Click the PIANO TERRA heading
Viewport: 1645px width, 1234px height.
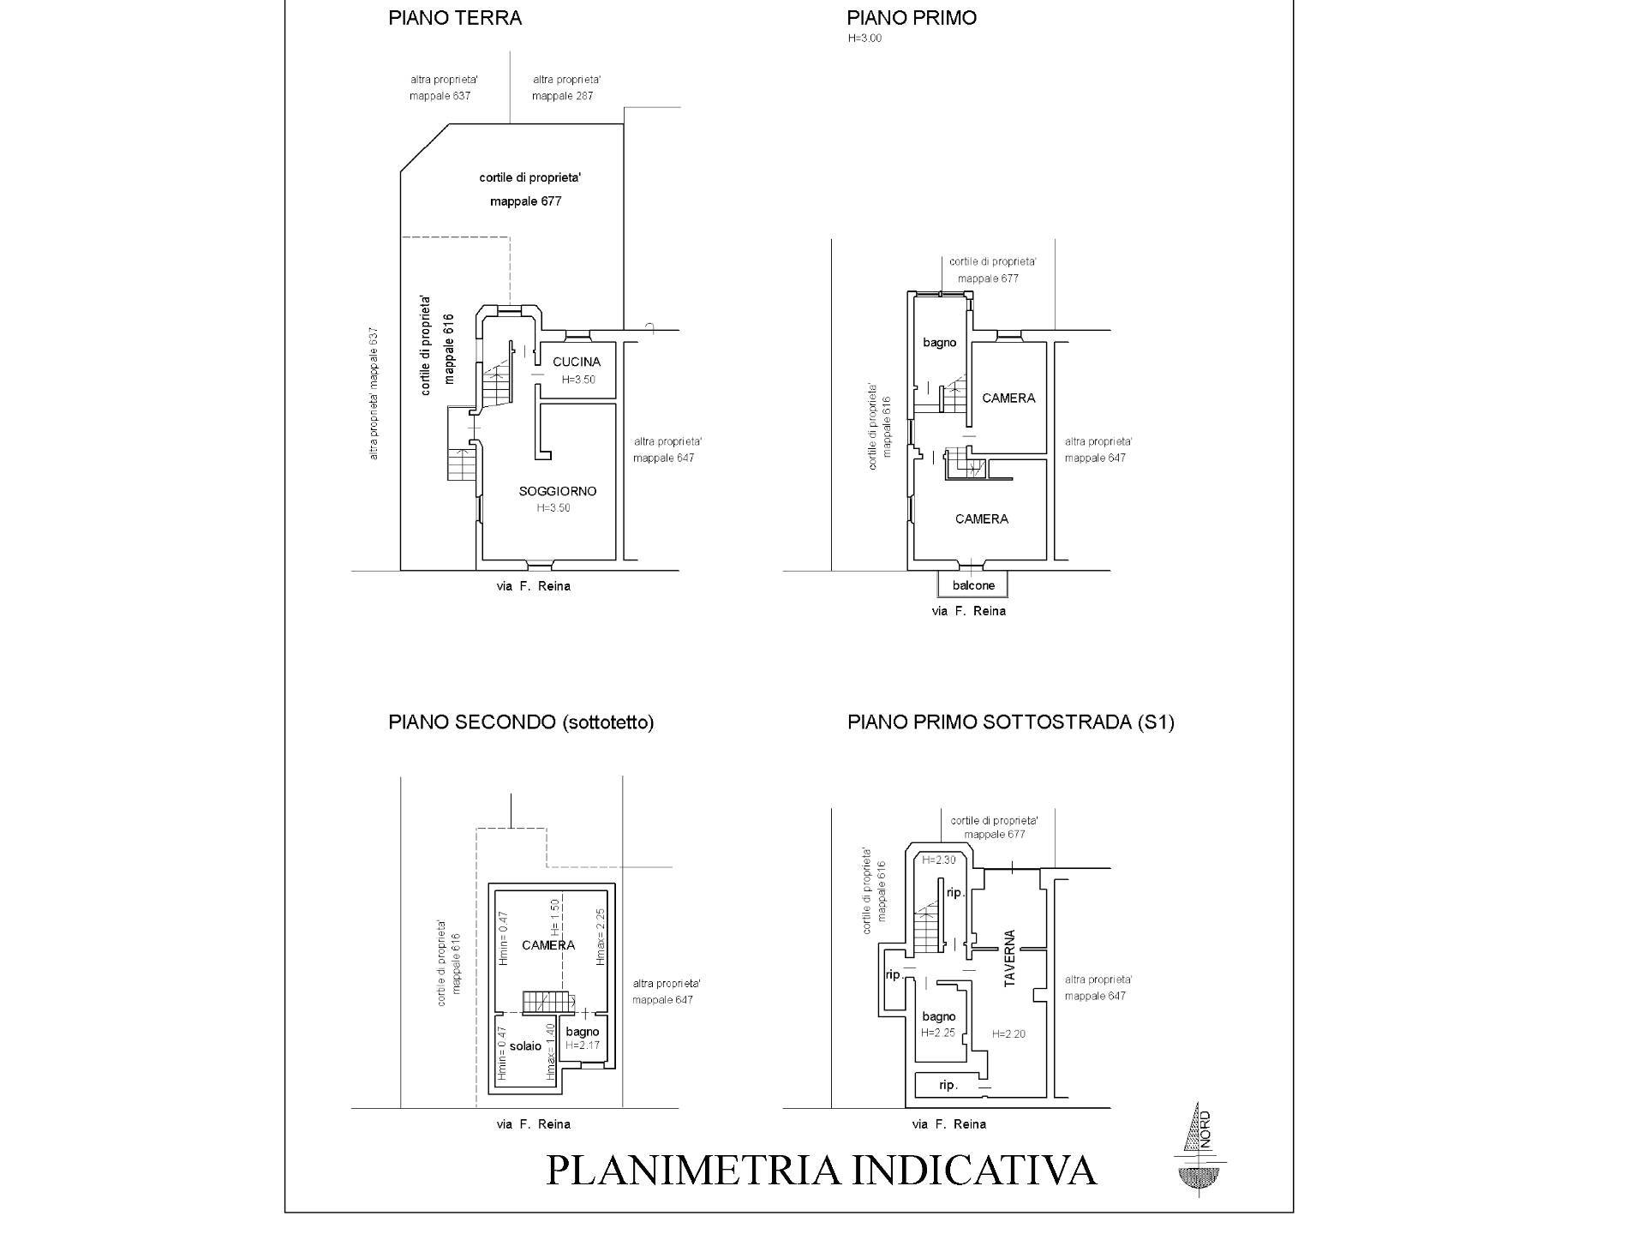454,18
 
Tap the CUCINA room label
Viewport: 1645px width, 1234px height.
577,362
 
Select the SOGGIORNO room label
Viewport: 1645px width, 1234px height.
557,491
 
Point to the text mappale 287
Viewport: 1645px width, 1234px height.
562,96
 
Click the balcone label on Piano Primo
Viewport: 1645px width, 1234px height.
973,585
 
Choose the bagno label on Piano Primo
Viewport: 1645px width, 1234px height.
939,343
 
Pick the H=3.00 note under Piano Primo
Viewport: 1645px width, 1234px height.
864,39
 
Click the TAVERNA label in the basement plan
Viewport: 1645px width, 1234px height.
1009,958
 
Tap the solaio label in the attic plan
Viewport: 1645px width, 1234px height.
525,1046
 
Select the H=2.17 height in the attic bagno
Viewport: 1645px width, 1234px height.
582,1046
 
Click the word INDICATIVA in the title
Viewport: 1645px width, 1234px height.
973,1171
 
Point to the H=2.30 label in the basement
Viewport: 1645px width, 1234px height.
938,860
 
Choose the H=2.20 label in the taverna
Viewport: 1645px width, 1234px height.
1008,1034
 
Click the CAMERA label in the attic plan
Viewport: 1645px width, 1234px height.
547,945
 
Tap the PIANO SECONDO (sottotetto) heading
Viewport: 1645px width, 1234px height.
521,722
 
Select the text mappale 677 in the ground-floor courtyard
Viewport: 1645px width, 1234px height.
525,201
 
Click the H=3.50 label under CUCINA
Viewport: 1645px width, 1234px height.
578,380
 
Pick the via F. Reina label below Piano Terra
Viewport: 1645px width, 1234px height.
533,586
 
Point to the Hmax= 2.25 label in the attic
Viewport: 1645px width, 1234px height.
601,937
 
